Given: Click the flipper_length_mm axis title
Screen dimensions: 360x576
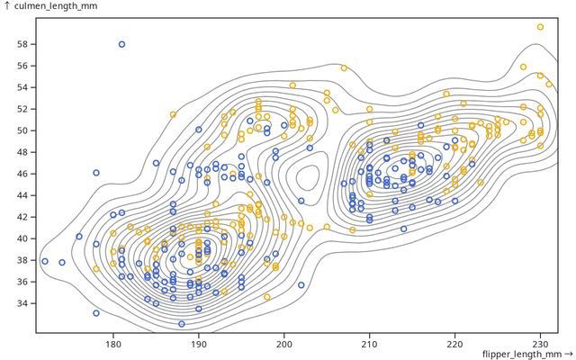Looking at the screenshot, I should click(x=526, y=354).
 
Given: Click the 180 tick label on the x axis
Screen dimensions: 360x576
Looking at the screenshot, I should click(x=113, y=343).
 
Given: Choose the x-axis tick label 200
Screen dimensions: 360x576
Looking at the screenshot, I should click(x=284, y=343).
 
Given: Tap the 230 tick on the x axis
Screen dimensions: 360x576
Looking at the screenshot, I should click(x=540, y=343).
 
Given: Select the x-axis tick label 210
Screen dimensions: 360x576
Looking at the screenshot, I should click(x=370, y=343).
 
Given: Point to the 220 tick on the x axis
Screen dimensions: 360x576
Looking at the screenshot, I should click(x=454, y=343).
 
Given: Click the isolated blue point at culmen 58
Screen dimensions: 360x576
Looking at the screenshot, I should click(x=121, y=44).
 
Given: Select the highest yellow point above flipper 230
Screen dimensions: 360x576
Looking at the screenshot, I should click(x=540, y=27).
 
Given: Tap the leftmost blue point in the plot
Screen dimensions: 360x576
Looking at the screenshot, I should click(x=45, y=262).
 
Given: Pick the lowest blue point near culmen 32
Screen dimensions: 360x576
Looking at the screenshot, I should click(x=182, y=324).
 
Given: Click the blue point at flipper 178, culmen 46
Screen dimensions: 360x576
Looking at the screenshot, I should click(x=96, y=173).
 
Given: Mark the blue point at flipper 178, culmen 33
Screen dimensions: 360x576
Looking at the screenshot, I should click(x=96, y=313).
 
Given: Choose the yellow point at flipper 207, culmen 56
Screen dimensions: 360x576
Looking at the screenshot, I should click(x=344, y=67).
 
